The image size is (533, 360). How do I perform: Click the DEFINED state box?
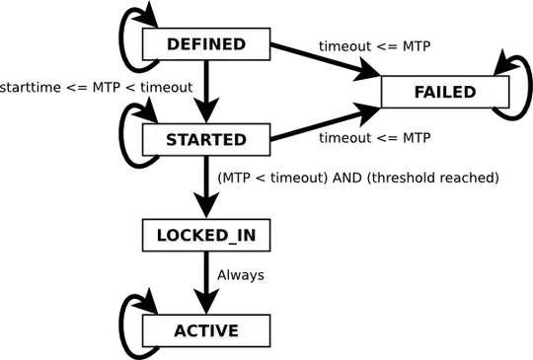(x=206, y=44)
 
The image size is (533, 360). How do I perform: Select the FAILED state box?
(x=444, y=93)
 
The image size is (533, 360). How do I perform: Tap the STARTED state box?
(x=206, y=140)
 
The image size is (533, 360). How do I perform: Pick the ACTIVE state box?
(x=206, y=330)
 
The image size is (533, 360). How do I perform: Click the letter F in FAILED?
(x=419, y=93)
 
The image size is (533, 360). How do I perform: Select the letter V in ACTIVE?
(x=223, y=330)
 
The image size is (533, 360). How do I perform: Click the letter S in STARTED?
(x=172, y=140)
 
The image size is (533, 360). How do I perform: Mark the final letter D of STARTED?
(x=241, y=140)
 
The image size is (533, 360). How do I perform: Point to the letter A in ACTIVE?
(x=181, y=330)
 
